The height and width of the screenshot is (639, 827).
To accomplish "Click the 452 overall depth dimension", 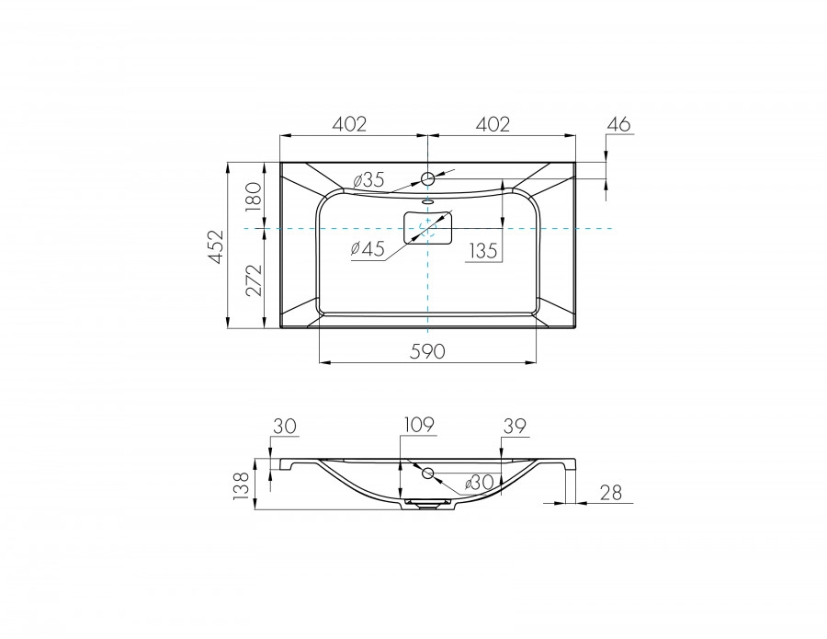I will (215, 245).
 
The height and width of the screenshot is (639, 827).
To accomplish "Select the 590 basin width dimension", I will (427, 350).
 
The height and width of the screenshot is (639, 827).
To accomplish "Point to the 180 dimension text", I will (255, 195).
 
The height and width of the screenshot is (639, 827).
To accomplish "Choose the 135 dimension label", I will (483, 251).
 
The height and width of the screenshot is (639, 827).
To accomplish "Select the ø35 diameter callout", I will (368, 180).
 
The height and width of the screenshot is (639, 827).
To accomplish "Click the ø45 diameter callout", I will (367, 249).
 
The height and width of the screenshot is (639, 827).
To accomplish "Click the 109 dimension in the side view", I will (418, 424).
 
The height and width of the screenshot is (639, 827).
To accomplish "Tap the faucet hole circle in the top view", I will (427, 177).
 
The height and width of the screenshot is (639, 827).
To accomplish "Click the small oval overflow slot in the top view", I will (427, 201).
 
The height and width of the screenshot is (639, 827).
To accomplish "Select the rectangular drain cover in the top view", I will (428, 227).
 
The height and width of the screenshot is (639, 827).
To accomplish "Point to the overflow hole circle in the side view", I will (428, 474).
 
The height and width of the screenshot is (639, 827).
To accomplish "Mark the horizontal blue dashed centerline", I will (570, 227).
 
